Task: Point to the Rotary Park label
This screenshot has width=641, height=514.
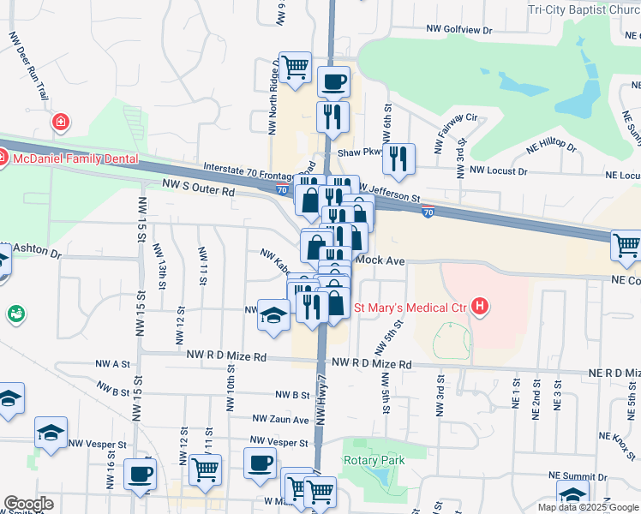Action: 374,460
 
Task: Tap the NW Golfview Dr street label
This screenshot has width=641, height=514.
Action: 460,30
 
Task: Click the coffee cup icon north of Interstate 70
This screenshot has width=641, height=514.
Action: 333,82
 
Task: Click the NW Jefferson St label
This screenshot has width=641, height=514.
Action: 390,194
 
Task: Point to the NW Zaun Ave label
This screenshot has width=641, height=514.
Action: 280,419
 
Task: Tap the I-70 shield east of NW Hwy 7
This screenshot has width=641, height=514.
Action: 428,212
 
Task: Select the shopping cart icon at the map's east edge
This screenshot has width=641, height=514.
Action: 626,245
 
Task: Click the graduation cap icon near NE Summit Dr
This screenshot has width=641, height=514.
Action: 572,494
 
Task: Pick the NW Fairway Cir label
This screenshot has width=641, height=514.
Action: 455,132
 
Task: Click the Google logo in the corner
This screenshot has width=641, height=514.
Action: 29,504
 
